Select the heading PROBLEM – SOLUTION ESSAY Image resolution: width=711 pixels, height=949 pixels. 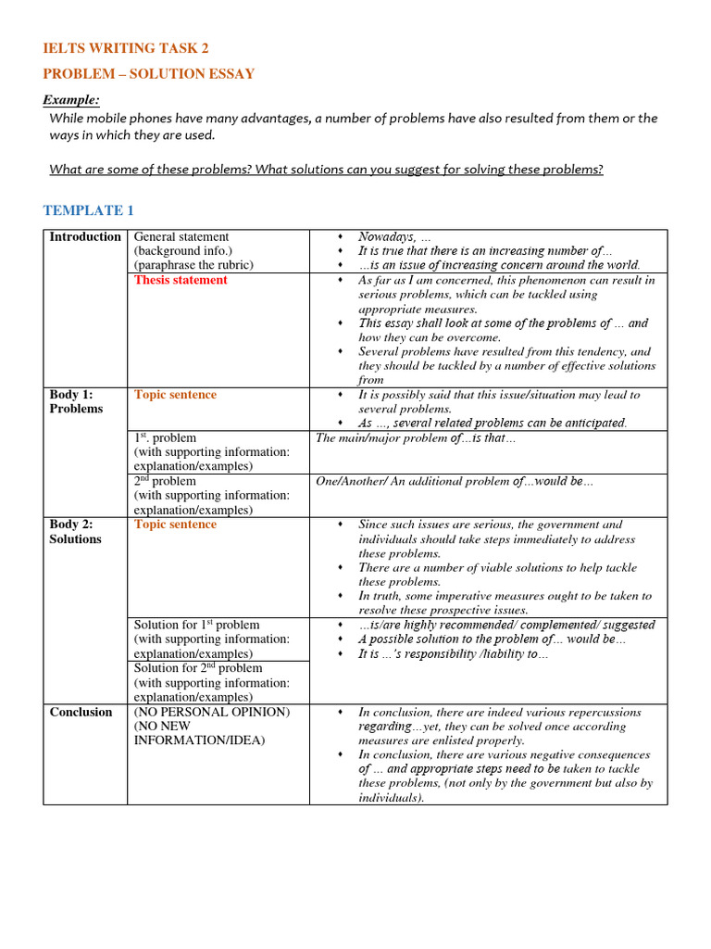pos(149,74)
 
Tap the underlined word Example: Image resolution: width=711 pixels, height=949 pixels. pos(71,100)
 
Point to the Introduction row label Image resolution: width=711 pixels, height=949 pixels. pos(85,236)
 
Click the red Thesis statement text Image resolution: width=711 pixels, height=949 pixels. pos(181,280)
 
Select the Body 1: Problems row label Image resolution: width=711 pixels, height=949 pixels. pos(76,401)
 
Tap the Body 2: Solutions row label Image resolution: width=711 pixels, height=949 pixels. pos(76,531)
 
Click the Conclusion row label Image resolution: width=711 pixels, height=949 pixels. pos(81,712)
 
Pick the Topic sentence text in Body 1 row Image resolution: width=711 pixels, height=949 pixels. pos(175,395)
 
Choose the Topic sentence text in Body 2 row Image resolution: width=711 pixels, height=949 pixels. pos(175,525)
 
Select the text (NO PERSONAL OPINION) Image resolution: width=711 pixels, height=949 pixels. pos(212,712)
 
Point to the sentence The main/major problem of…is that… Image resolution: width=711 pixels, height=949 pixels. pos(416,438)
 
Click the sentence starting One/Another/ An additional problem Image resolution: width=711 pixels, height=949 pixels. pos(455,482)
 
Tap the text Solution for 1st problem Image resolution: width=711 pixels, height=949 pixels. pos(196,625)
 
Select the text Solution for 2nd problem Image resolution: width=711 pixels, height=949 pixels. pos(198,668)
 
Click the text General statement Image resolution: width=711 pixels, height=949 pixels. pos(181,236)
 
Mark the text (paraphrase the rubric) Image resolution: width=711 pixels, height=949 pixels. pos(193,265)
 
